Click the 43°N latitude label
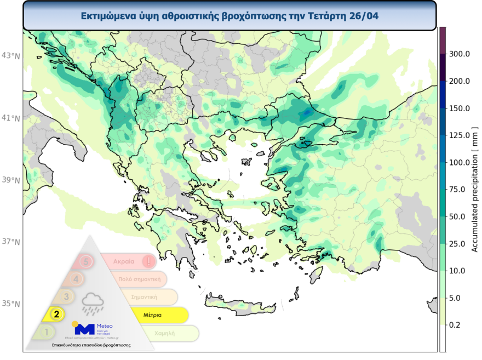tap(10, 55)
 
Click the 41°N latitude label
tap(10, 118)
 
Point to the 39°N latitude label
tap(10, 180)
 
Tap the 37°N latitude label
tap(10, 242)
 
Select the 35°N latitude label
tap(10, 304)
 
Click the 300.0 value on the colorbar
tap(460, 54)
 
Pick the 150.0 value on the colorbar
tap(460, 108)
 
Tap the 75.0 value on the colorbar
tap(460, 190)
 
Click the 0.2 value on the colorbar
tap(456, 325)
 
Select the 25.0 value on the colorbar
tap(460, 244)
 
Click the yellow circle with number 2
tap(56, 315)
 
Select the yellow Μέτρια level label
tap(152, 316)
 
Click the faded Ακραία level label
tap(124, 261)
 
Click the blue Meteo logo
tap(85, 329)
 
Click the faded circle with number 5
tap(86, 261)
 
